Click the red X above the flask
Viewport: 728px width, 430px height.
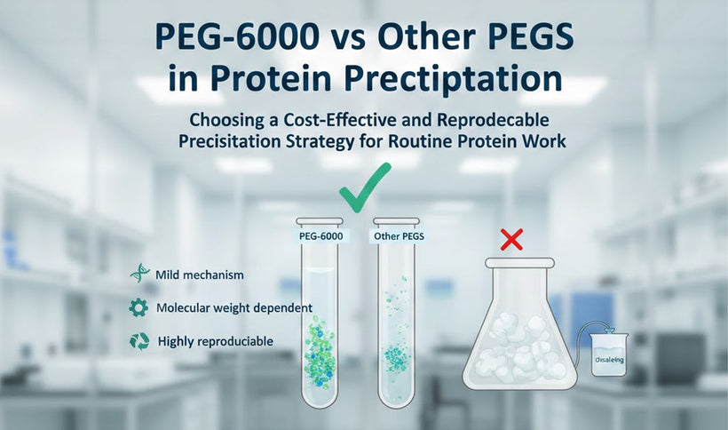click(511, 239)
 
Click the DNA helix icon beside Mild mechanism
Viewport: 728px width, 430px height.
click(139, 275)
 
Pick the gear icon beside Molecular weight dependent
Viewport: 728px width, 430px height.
click(139, 307)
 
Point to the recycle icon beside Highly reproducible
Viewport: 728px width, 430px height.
click(139, 341)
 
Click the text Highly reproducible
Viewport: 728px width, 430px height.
click(215, 341)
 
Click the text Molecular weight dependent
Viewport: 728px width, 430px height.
click(233, 308)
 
